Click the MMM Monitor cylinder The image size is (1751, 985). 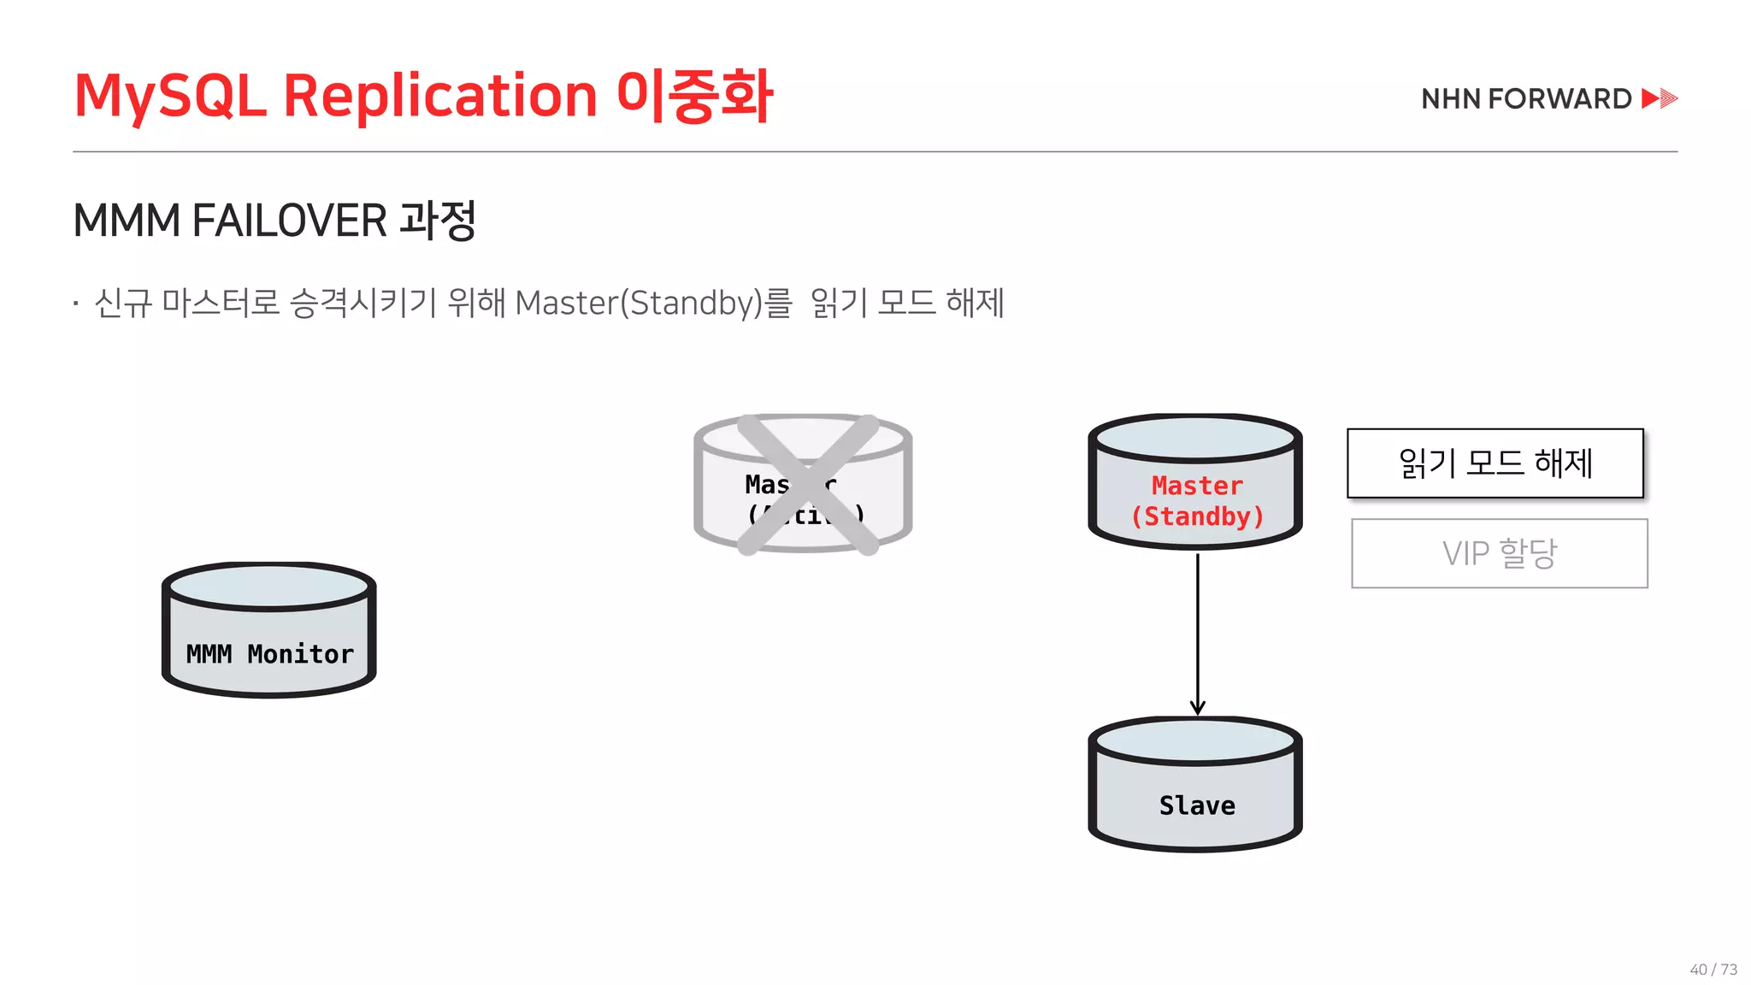point(269,631)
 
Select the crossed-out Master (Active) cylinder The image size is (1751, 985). point(803,484)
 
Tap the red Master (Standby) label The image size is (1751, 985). point(1197,501)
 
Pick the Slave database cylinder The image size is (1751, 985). point(1195,785)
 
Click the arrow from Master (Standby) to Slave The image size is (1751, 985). point(1198,633)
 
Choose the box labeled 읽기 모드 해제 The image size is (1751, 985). point(1495,463)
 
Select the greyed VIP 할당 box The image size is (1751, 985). point(1500,553)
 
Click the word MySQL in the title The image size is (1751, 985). point(170,96)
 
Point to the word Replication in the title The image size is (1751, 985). point(439,96)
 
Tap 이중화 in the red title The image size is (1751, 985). point(694,96)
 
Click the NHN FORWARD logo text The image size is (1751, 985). point(1526,99)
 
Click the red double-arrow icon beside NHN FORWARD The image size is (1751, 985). point(1660,98)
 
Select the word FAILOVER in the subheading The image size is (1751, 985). point(290,221)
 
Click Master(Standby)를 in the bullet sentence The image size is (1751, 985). point(653,304)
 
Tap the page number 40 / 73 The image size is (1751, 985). point(1713,969)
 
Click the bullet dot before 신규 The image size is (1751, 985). point(76,304)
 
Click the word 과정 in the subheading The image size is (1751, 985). point(438,221)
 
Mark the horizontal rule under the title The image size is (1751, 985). point(875,151)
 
